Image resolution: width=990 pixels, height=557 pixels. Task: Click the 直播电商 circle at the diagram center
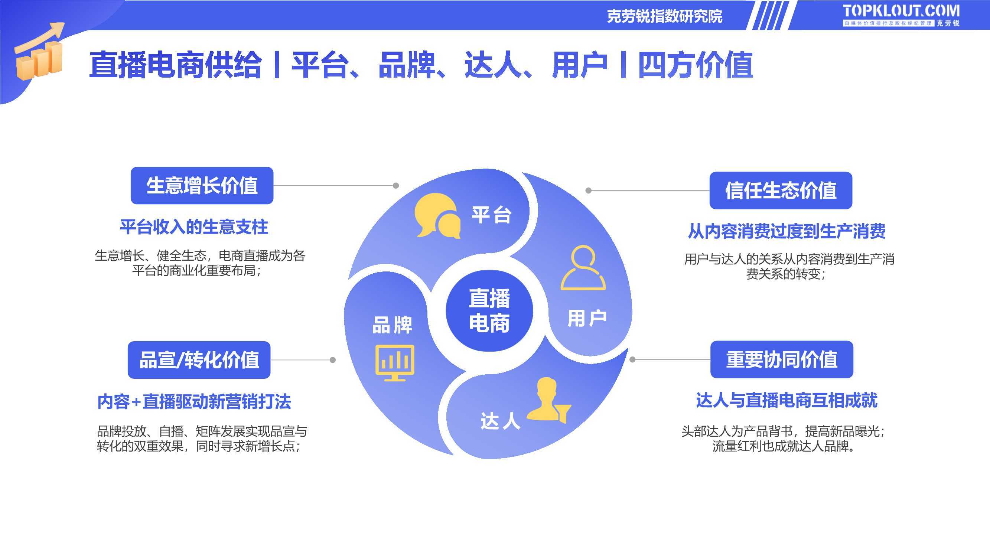489,310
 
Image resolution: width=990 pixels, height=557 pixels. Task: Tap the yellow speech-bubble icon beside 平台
437,216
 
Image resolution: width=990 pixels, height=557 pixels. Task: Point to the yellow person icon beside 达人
548,400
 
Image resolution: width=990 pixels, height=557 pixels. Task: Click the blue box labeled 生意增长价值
202,186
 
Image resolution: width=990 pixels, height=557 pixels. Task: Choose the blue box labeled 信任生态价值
781,190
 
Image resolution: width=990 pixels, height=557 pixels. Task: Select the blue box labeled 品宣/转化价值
199,360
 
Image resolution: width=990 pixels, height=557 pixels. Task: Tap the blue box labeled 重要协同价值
782,359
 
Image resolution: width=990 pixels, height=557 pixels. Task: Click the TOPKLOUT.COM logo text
901,11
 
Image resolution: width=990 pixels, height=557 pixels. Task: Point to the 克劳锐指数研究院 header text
664,16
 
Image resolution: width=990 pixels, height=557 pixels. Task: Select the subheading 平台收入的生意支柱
194,227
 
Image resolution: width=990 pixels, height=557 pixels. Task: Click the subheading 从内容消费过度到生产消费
787,231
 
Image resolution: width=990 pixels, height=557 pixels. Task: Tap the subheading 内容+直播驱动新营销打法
194,402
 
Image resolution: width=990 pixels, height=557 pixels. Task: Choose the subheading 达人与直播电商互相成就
787,401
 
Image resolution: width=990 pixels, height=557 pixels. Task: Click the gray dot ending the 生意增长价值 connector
396,186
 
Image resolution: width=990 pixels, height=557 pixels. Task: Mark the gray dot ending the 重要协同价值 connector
633,359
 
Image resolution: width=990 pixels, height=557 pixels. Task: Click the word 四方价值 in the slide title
695,65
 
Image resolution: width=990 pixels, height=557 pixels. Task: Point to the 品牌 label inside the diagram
392,325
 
